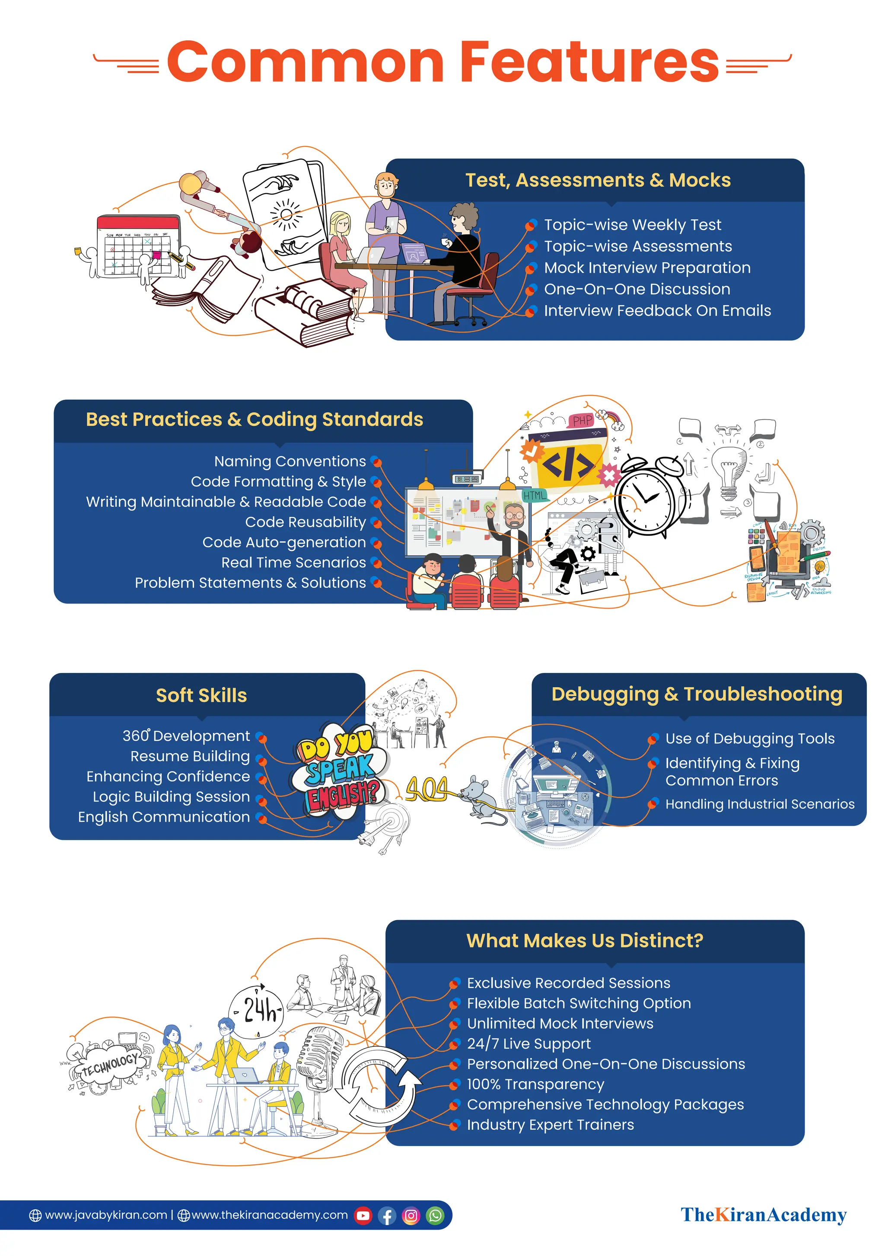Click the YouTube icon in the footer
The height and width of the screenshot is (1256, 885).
pyautogui.click(x=363, y=1215)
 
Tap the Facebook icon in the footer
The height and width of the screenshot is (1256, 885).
pyautogui.click(x=387, y=1215)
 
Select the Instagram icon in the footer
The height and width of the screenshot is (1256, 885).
pyautogui.click(x=411, y=1215)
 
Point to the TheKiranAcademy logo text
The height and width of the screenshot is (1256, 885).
pyautogui.click(x=763, y=1215)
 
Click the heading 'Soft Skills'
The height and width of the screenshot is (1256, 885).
pyautogui.click(x=201, y=695)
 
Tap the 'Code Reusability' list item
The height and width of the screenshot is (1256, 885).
pyautogui.click(x=305, y=522)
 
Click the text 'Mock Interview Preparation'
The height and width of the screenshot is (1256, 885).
pyautogui.click(x=647, y=268)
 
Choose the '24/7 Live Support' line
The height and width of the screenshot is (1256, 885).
pyautogui.click(x=528, y=1044)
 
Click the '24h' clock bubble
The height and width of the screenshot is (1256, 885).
pyautogui.click(x=256, y=1010)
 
